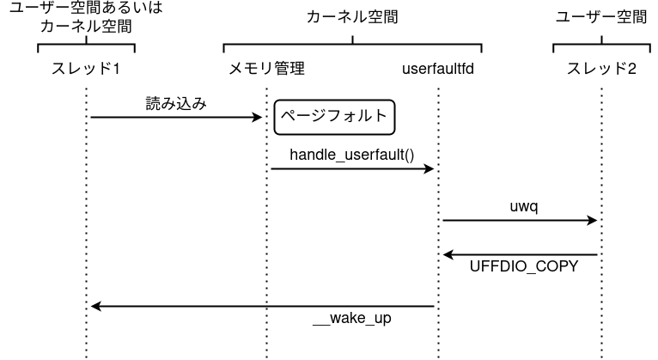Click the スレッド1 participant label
[x=86, y=68]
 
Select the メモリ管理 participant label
[x=266, y=68]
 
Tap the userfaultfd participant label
[x=438, y=68]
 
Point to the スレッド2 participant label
[x=601, y=68]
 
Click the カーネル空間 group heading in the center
[x=352, y=17]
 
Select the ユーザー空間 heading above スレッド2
[x=601, y=17]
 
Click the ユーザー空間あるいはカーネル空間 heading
[x=86, y=17]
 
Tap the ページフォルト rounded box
[x=334, y=118]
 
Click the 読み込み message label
[x=175, y=103]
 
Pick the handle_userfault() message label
[x=352, y=156]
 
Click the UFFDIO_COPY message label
[x=524, y=267]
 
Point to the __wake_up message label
[x=352, y=319]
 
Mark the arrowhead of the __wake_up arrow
[x=96, y=307]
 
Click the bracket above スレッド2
[x=601, y=43]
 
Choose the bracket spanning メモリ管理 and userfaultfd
[x=352, y=43]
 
